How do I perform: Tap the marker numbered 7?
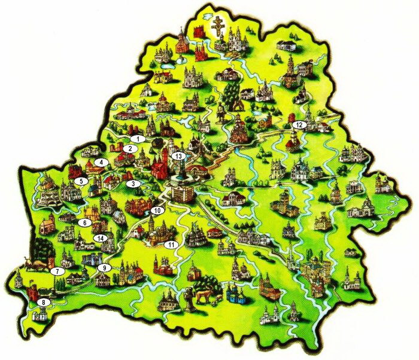pyautogui.click(x=57, y=271)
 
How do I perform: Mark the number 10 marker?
pyautogui.click(x=157, y=210)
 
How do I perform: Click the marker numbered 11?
pyautogui.click(x=172, y=244)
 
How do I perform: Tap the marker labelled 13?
pyautogui.click(x=178, y=155)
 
